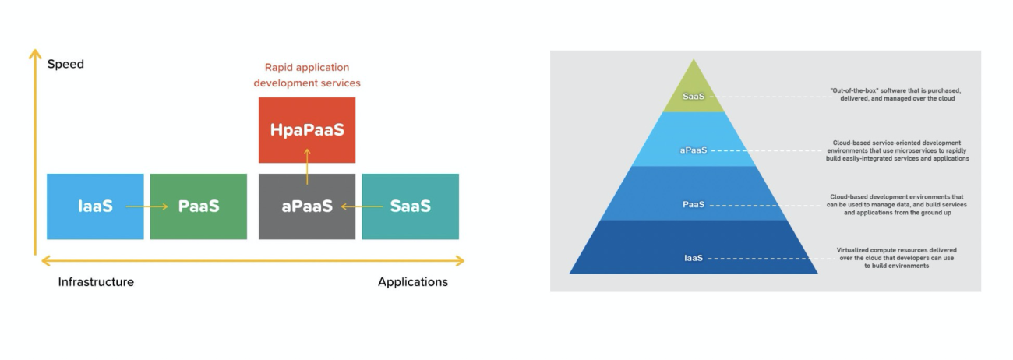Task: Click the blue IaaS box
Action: coord(95,206)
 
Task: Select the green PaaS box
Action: coord(199,206)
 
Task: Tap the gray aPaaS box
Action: coord(307,207)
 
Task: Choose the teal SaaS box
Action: coord(411,206)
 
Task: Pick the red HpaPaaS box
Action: coord(307,130)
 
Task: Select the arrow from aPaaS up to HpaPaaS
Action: coord(307,165)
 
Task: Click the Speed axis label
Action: coord(65,64)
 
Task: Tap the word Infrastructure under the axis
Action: coord(96,282)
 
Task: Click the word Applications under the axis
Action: coord(413,282)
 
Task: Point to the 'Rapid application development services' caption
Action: coord(307,75)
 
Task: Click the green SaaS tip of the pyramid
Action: coord(693,96)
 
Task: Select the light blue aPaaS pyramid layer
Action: coord(693,148)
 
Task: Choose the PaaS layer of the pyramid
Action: coord(693,204)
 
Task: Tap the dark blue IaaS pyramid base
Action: coord(693,257)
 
